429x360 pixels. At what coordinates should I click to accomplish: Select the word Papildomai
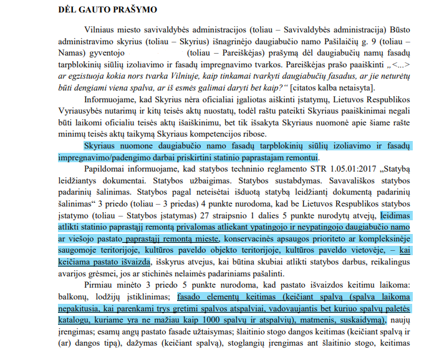(103, 168)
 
